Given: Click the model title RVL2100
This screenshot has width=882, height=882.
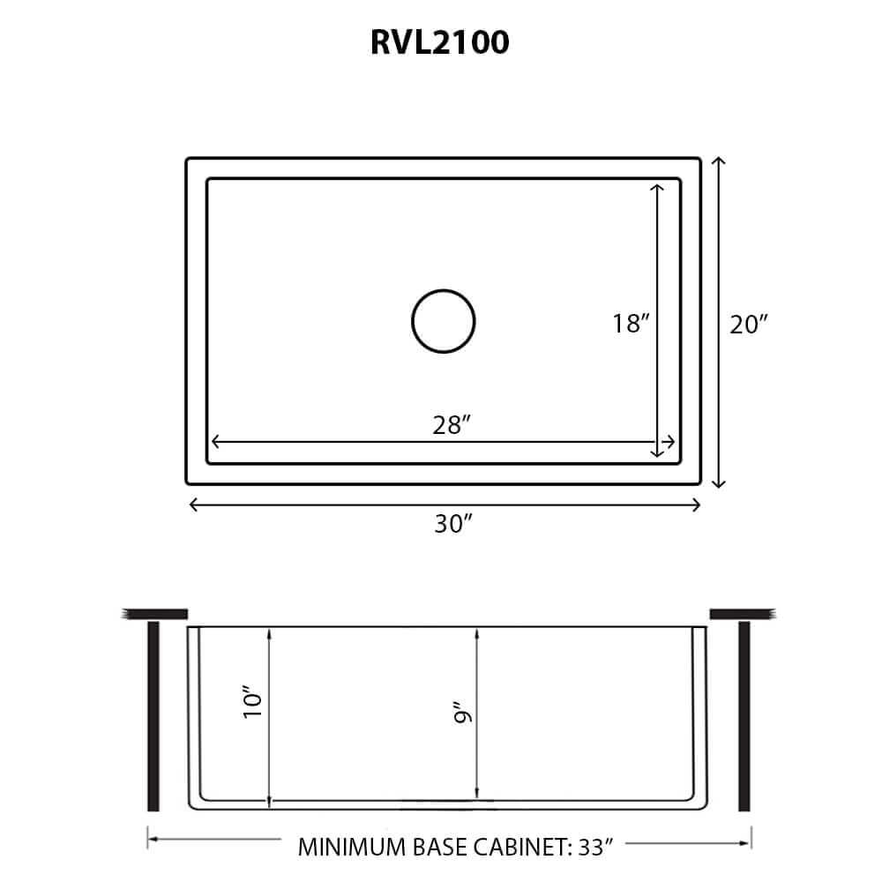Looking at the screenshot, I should (440, 42).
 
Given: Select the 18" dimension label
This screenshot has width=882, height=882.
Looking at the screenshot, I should (632, 324).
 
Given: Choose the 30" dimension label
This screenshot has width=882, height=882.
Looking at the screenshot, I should (453, 524).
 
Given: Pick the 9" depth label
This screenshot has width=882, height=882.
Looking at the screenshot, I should (460, 713).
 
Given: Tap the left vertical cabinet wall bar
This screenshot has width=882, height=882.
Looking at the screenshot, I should (153, 715).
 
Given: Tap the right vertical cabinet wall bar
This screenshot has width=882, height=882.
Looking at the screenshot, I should (744, 715).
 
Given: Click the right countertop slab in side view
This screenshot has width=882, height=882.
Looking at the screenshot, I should (742, 612).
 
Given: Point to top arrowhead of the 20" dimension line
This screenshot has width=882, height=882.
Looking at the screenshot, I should (719, 161).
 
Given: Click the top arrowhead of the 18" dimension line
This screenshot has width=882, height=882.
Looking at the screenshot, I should (657, 187).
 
